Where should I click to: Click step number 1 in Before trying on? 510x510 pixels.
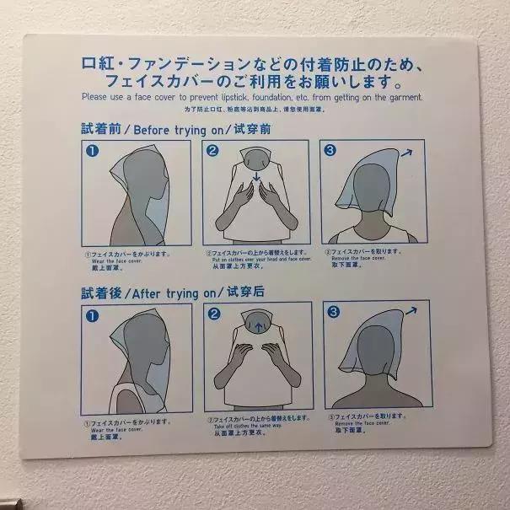click(x=93, y=151)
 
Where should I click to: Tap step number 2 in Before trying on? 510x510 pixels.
click(x=213, y=150)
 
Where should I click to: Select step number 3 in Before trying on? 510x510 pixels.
click(x=332, y=150)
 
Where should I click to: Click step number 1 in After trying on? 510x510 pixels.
click(x=93, y=314)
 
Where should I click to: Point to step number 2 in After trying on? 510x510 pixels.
click(x=214, y=314)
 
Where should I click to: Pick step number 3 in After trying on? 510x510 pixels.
click(x=331, y=313)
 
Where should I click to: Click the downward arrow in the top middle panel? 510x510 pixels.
click(x=255, y=179)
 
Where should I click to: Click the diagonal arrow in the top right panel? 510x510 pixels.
click(x=408, y=152)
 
